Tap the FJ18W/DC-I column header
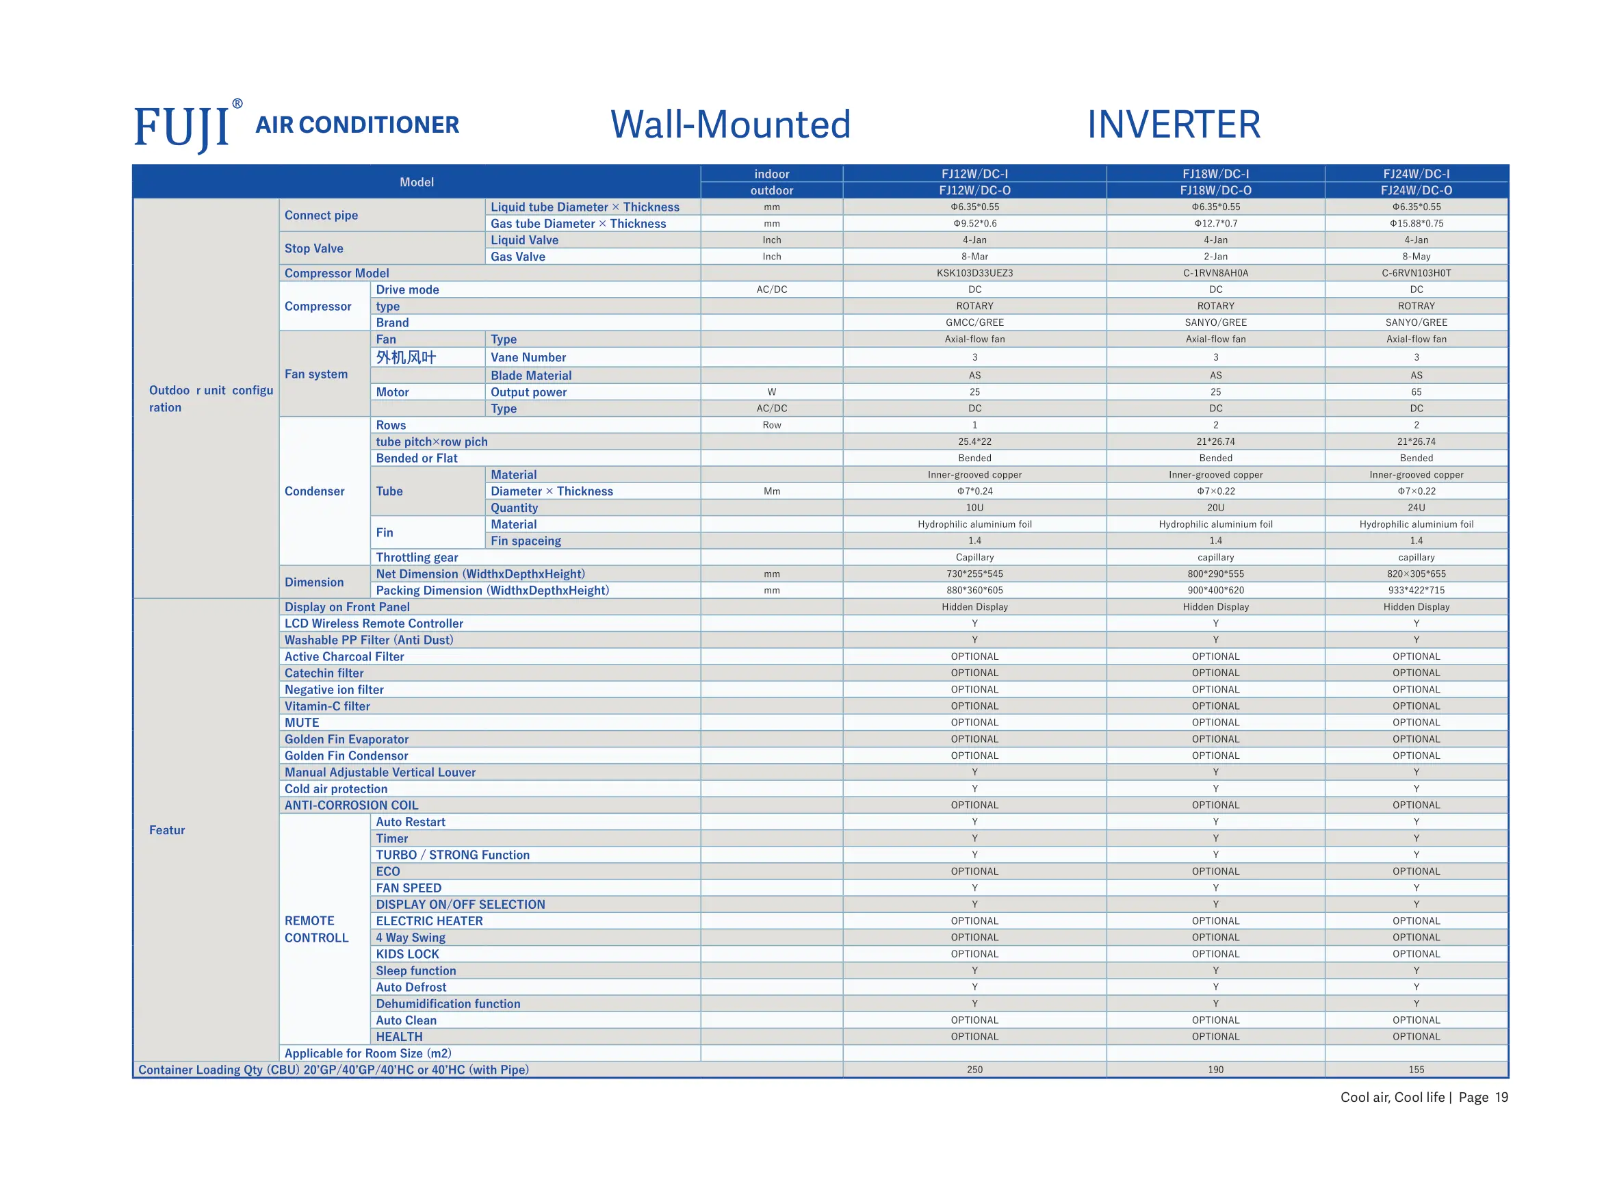tap(1216, 174)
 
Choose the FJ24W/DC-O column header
tap(1416, 190)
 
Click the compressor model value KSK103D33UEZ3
tap(974, 273)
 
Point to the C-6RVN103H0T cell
tap(1416, 273)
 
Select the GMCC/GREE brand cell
tap(974, 322)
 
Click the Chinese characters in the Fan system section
tap(406, 357)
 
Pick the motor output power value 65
tap(1416, 392)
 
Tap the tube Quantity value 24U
tap(1416, 508)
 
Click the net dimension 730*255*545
tap(974, 573)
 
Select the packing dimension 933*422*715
tap(1416, 590)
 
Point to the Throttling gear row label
tap(417, 557)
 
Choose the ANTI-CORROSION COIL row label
tap(352, 805)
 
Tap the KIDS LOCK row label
tap(408, 954)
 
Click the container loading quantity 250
tap(974, 1070)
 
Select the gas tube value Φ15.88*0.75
tap(1416, 223)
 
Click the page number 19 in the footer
tap(1501, 1097)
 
